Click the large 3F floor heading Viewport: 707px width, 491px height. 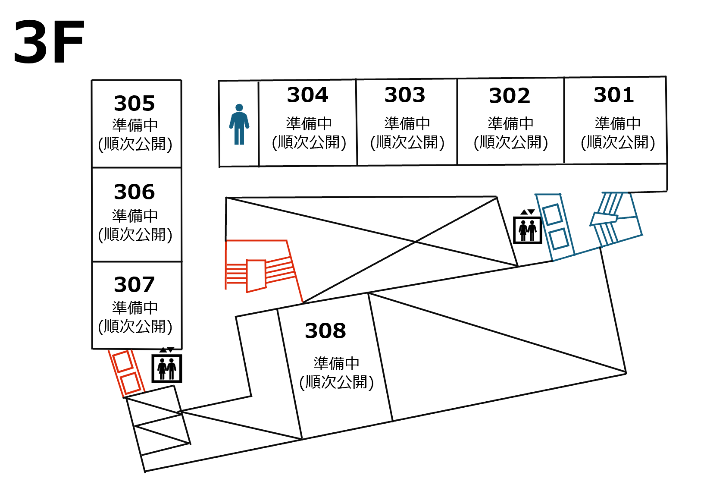(49, 43)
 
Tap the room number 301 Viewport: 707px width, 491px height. (614, 95)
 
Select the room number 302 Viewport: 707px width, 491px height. (510, 96)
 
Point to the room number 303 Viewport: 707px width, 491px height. (405, 95)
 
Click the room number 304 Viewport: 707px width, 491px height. (308, 95)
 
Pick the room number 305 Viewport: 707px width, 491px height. (135, 104)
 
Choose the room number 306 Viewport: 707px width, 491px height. (135, 192)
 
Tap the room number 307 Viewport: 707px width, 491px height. (135, 285)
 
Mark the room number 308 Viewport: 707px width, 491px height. (325, 331)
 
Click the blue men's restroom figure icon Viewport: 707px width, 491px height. (239, 124)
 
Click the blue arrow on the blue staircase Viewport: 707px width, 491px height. (604, 219)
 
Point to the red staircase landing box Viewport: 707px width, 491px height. (256, 276)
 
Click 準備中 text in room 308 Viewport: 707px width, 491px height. (336, 363)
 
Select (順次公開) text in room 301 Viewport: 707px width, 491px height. (618, 142)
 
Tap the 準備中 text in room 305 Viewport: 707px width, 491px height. (135, 125)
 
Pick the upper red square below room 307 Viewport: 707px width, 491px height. (123, 362)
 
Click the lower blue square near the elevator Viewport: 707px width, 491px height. (559, 239)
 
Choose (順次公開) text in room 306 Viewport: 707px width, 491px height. (135, 235)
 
